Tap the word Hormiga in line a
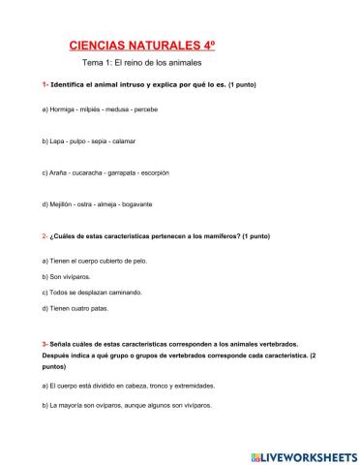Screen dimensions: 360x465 63,109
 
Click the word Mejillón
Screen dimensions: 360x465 62,204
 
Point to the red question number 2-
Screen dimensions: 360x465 45,236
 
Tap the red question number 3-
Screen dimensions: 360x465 45,344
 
